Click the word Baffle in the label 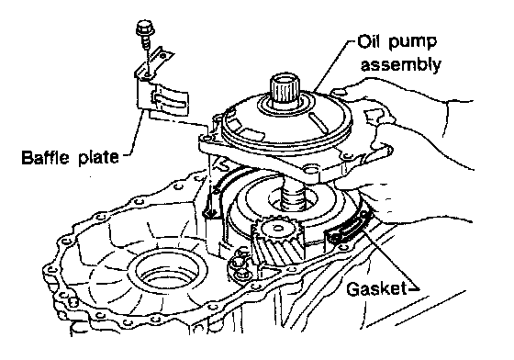46,157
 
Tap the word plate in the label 98,157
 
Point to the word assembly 400,65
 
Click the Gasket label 375,289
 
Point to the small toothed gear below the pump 277,241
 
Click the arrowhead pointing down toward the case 209,212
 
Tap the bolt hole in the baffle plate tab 147,75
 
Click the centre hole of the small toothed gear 277,227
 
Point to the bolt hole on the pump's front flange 309,170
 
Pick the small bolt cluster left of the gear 240,263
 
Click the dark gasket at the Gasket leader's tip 349,229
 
